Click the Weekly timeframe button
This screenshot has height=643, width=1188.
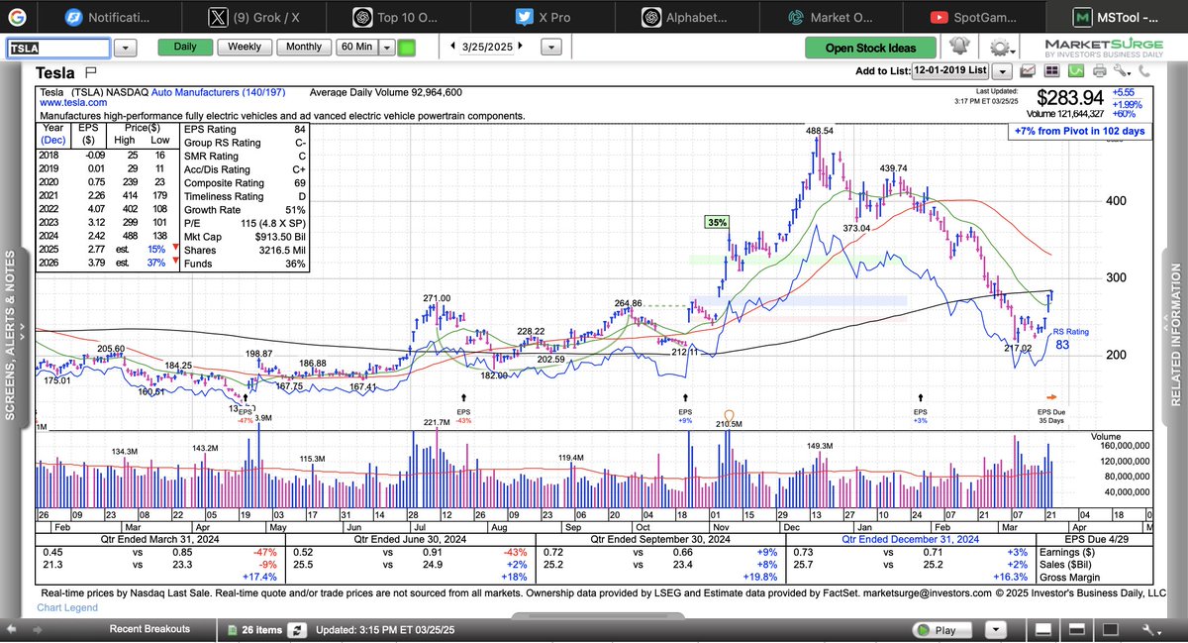pos(245,47)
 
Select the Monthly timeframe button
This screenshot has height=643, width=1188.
pos(304,47)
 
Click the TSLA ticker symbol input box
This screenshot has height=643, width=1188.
pos(57,48)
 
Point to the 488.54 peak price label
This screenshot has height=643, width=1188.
pos(820,131)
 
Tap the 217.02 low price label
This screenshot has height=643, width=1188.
pos(1017,348)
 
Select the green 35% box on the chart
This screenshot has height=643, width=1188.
pos(717,223)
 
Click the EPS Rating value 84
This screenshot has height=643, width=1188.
pos(299,129)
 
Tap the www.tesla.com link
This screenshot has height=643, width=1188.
pos(73,103)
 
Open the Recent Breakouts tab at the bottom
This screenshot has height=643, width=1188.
pos(149,629)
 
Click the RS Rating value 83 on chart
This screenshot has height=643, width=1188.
pos(1063,345)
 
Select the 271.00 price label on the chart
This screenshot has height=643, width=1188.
pos(437,298)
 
